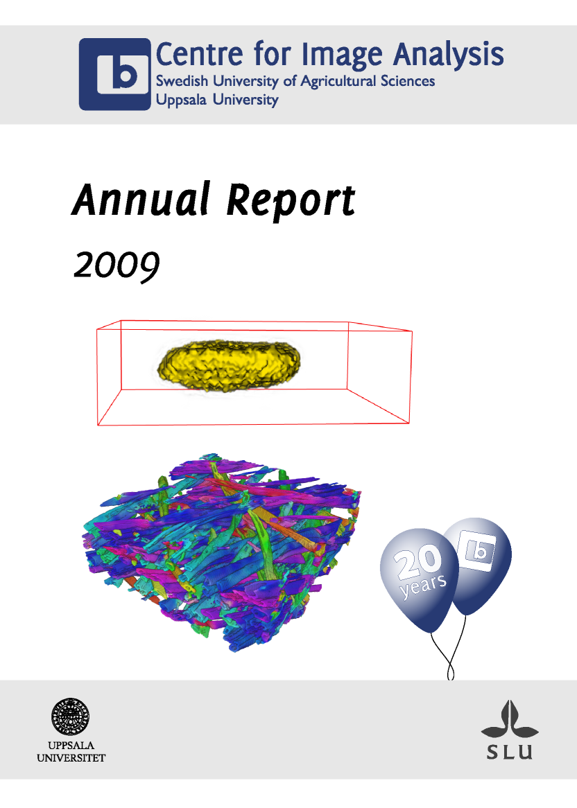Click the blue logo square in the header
(115, 74)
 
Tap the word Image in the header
(342, 55)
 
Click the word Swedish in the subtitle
(182, 81)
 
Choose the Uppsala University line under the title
(217, 100)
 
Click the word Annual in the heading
(141, 200)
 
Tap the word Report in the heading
(291, 202)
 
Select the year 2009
(117, 266)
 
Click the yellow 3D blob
(228, 365)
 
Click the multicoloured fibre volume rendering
(222, 552)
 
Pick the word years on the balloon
(424, 586)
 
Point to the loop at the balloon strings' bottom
(451, 671)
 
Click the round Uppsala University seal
(70, 717)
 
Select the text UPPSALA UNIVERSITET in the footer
(71, 751)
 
